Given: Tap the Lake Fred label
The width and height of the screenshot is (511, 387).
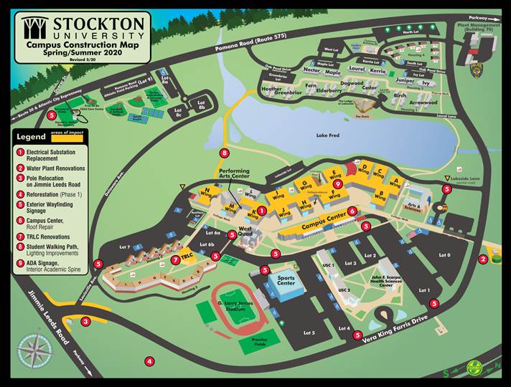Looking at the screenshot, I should coord(327,135).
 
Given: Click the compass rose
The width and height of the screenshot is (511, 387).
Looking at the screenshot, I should coord(33,350).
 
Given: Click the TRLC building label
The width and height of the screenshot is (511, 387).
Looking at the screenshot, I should coord(187,256).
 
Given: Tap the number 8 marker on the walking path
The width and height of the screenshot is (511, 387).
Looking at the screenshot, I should coord(225,153).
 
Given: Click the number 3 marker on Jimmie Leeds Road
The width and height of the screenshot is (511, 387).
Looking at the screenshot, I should coord(85,322).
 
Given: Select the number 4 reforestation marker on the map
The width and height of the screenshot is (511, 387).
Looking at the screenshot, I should coord(149,361).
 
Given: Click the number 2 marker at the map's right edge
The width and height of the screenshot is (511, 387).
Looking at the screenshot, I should coord(483,259).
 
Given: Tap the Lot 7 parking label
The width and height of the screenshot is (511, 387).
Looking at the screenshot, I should coord(124,247).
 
